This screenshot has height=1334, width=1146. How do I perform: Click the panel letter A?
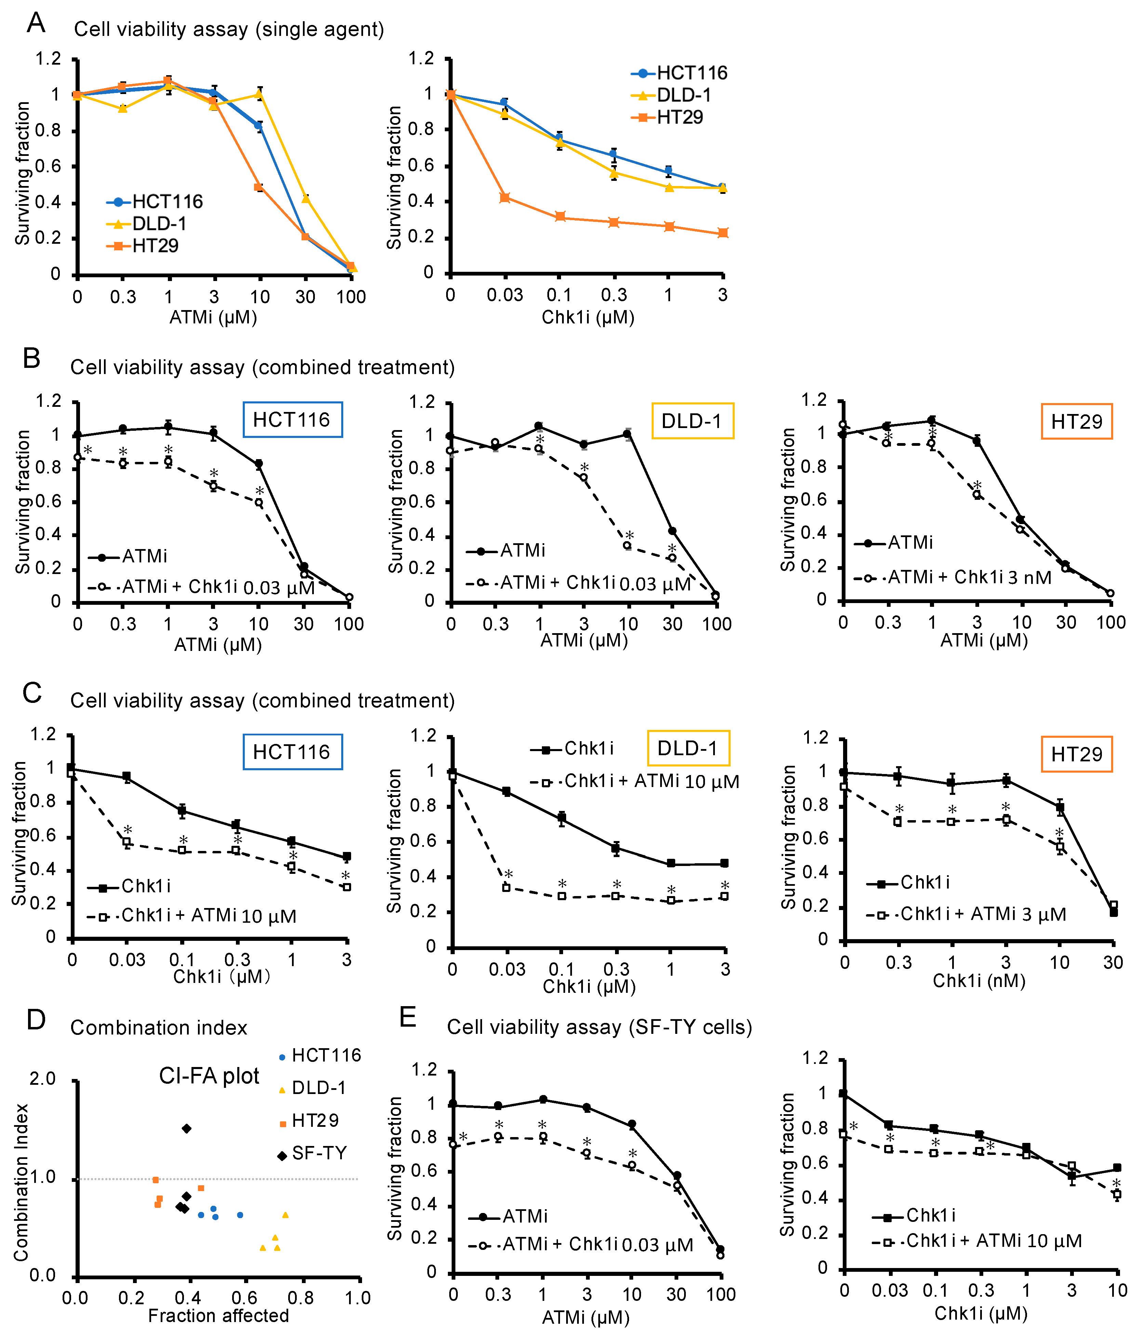coord(36,23)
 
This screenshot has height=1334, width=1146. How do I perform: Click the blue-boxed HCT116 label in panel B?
coord(292,420)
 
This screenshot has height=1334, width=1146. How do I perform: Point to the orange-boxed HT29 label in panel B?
coord(1077,422)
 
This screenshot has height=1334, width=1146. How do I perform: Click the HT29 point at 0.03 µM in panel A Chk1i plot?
coord(505,198)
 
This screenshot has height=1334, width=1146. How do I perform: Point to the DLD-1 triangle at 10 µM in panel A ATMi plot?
coord(259,94)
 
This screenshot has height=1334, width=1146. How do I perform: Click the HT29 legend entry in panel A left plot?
coord(155,246)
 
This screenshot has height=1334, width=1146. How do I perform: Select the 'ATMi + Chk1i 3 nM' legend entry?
coord(969,577)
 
